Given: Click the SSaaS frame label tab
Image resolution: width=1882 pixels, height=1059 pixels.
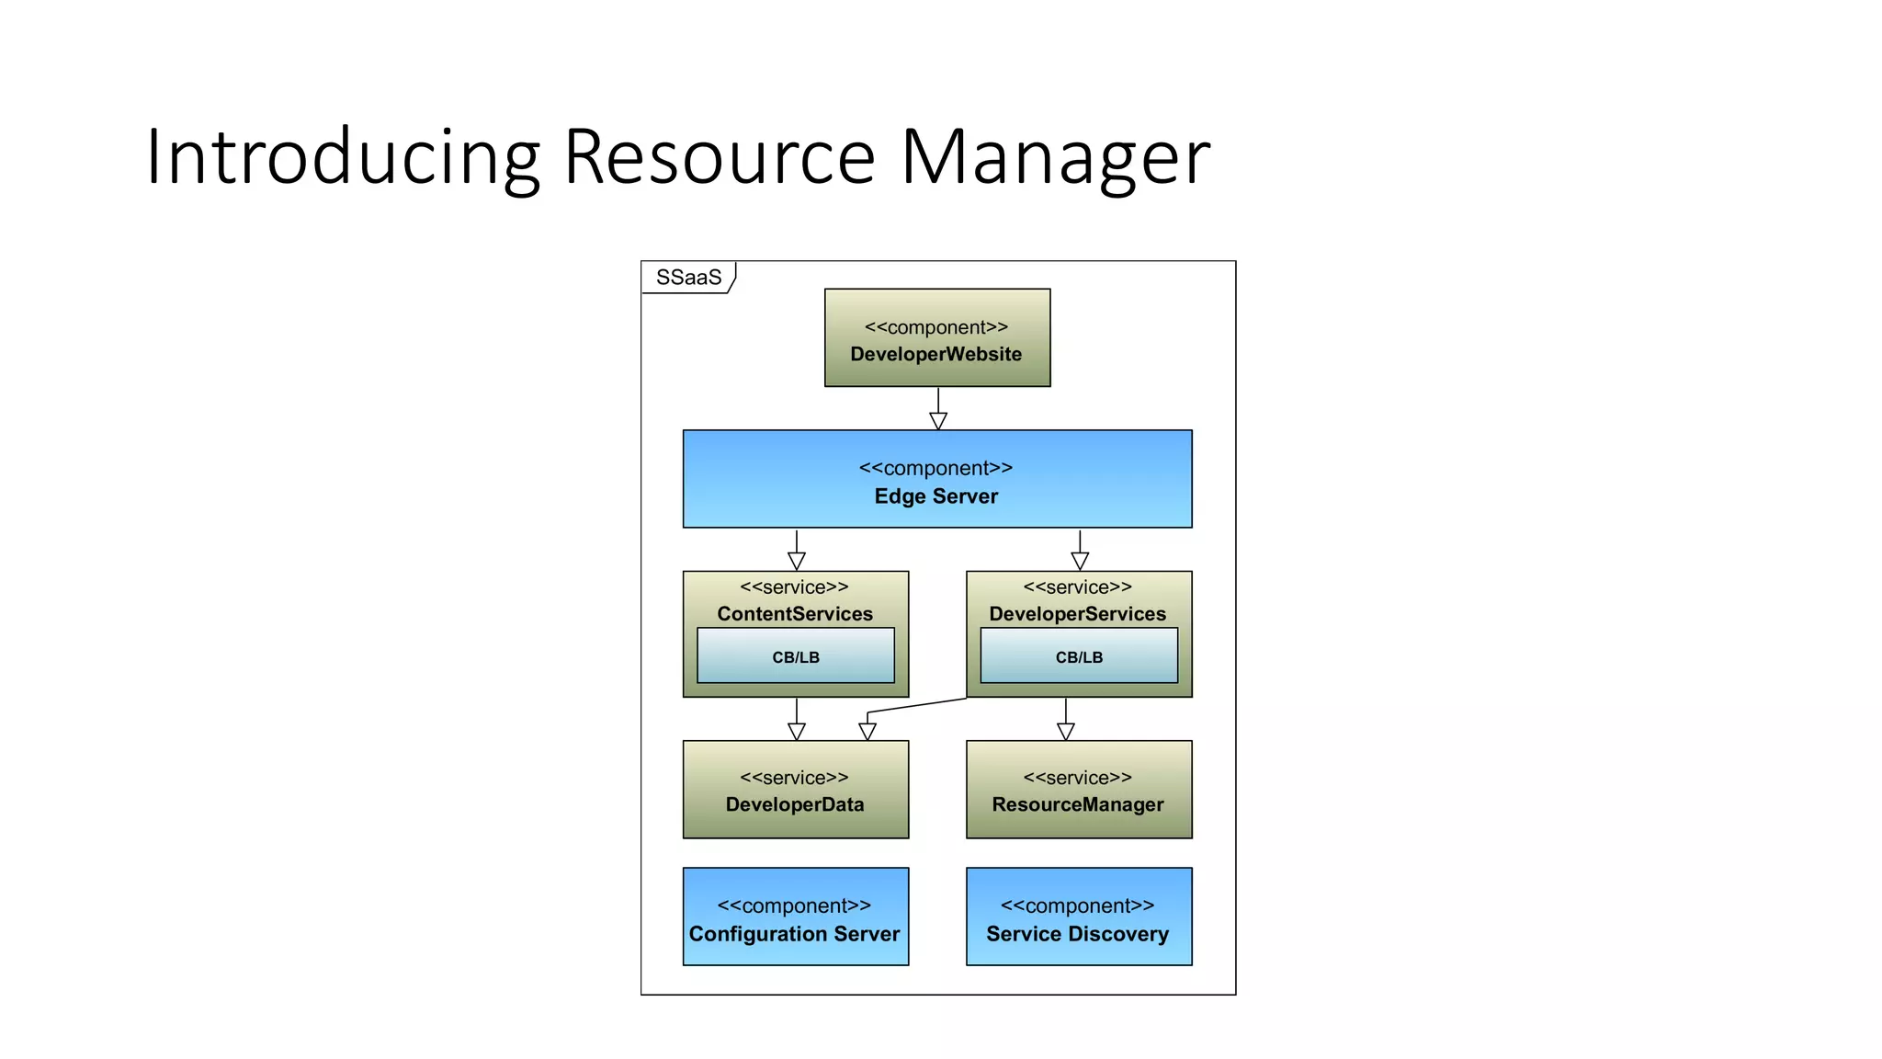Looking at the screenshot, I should coord(688,278).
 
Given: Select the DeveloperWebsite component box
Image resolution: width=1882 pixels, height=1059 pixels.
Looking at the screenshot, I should coord(936,338).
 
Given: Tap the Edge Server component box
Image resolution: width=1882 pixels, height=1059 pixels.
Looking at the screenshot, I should coord(936,479).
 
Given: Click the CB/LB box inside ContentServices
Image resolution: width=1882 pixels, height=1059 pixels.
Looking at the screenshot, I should coord(796,656).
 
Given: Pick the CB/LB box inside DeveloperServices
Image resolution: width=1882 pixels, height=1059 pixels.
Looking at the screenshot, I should coord(1079,656).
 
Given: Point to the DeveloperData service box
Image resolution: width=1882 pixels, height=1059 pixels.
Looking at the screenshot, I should coord(796,790).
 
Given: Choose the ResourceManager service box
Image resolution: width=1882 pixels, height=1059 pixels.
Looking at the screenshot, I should coord(1079,790).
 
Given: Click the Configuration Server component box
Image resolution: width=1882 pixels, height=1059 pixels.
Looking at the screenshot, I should coord(796,917).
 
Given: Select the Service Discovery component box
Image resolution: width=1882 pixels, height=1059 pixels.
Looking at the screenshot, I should coord(1079,917).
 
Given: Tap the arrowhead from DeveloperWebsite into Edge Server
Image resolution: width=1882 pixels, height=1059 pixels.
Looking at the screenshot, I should coord(938,421).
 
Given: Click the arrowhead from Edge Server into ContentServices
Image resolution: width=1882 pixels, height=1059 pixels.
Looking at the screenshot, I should coord(797,561).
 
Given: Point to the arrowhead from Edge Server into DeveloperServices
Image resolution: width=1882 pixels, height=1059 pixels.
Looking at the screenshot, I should coord(1080,561).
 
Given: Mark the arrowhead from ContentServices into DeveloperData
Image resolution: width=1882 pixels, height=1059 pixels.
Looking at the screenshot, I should coord(797,732).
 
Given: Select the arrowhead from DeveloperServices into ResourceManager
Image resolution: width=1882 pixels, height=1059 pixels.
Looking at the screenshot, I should coord(1066,732).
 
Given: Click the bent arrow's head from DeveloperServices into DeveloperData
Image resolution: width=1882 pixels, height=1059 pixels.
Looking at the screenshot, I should coord(867,732).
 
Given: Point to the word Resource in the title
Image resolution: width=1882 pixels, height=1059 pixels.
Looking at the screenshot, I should coord(719,158).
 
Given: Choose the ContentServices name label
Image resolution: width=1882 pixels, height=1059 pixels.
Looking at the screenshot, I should coord(795,613).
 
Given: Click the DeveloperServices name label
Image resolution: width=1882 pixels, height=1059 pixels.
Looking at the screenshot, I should coord(1078,613).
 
